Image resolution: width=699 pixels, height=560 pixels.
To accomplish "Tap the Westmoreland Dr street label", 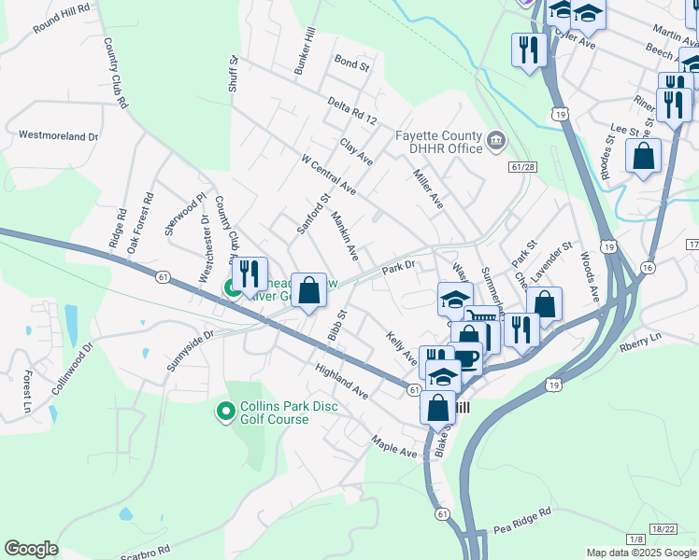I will coord(58,135).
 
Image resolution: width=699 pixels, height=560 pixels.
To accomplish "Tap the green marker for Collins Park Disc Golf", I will coord(224,411).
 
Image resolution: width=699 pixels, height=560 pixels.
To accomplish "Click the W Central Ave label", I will coord(328,175).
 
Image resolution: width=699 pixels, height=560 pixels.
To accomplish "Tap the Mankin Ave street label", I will coord(345,234).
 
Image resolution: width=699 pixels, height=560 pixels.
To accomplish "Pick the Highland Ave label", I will coord(341,381).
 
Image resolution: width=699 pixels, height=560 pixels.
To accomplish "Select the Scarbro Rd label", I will coord(144,550).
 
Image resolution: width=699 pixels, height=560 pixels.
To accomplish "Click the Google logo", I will coord(31,549).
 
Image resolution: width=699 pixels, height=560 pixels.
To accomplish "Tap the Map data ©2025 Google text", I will coord(641,553).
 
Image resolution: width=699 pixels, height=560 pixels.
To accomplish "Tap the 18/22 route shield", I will coord(664,529).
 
